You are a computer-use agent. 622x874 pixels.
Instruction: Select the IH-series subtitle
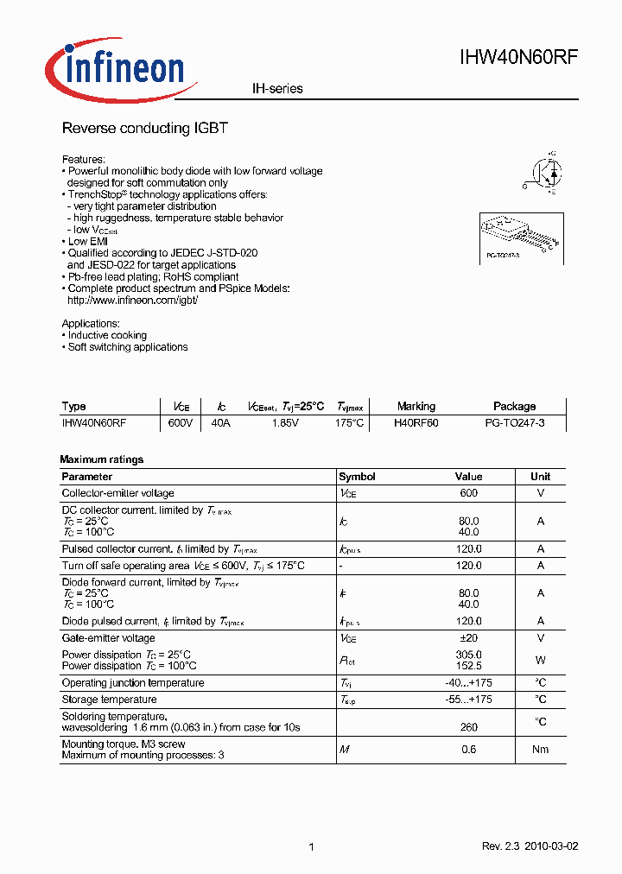(x=277, y=89)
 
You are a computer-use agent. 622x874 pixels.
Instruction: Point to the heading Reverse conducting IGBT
(x=144, y=128)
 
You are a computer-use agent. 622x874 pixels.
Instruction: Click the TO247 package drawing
(x=517, y=236)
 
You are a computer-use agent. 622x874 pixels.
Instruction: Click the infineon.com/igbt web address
(x=133, y=300)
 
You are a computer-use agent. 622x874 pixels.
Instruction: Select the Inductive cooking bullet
(x=107, y=335)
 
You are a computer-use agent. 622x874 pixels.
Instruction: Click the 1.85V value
(x=285, y=424)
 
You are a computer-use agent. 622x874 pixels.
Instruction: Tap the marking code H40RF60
(x=416, y=424)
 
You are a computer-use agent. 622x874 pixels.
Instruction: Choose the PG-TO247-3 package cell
(x=514, y=424)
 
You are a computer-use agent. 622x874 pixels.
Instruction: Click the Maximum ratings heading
(x=101, y=459)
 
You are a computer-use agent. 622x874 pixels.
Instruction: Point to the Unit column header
(x=540, y=477)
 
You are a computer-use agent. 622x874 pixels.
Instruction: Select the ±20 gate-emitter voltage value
(x=469, y=638)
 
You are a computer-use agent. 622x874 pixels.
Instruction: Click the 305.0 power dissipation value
(x=468, y=655)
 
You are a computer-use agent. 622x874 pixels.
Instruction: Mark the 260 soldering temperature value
(x=468, y=727)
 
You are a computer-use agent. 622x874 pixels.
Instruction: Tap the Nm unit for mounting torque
(x=540, y=750)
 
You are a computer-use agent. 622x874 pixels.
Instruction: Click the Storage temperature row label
(x=109, y=700)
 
